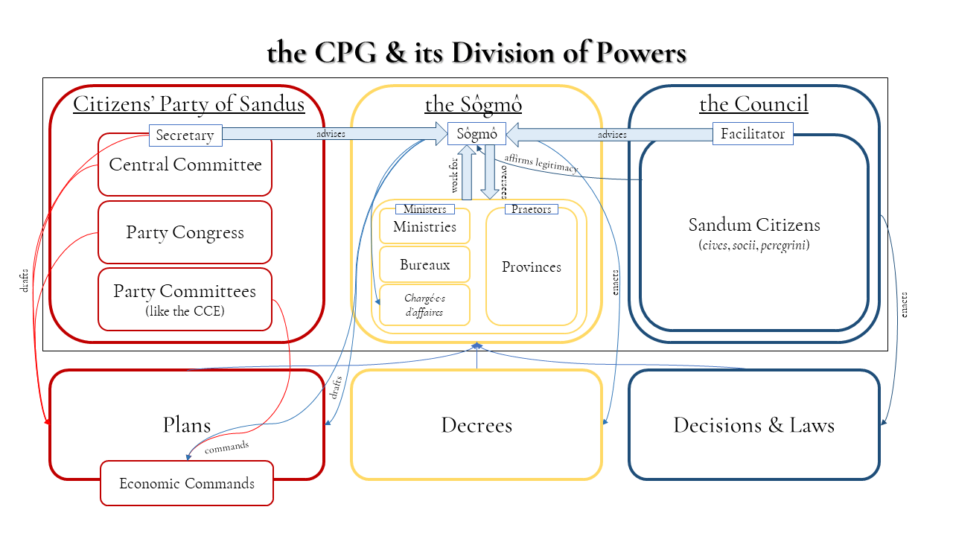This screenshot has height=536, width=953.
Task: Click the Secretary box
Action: pyautogui.click(x=185, y=135)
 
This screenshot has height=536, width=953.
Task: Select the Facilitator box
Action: pyautogui.click(x=753, y=134)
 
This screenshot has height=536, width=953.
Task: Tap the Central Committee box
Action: pyautogui.click(x=185, y=165)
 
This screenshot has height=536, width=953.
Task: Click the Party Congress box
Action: pyautogui.click(x=185, y=232)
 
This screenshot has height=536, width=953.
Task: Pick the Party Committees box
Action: pyautogui.click(x=185, y=299)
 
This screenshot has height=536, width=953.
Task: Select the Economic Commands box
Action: pyautogui.click(x=187, y=483)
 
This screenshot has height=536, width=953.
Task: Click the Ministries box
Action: pyautogui.click(x=424, y=227)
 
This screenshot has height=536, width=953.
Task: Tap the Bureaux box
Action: pyautogui.click(x=424, y=265)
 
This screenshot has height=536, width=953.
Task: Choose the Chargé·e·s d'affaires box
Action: pyautogui.click(x=424, y=305)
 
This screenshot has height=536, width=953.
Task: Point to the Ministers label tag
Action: pyautogui.click(x=424, y=209)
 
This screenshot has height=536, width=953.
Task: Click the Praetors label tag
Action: pyautogui.click(x=532, y=209)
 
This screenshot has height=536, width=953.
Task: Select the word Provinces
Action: pyautogui.click(x=532, y=267)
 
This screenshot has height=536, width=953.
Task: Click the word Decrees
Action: pyautogui.click(x=476, y=425)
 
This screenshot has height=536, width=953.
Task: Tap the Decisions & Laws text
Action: pyautogui.click(x=753, y=425)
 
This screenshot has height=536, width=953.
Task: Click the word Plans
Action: pyautogui.click(x=187, y=425)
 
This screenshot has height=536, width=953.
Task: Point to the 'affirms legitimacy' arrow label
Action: pyautogui.click(x=541, y=163)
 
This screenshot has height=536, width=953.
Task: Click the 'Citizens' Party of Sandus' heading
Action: pyautogui.click(x=188, y=104)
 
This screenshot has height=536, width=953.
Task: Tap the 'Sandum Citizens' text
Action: pyautogui.click(x=753, y=225)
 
